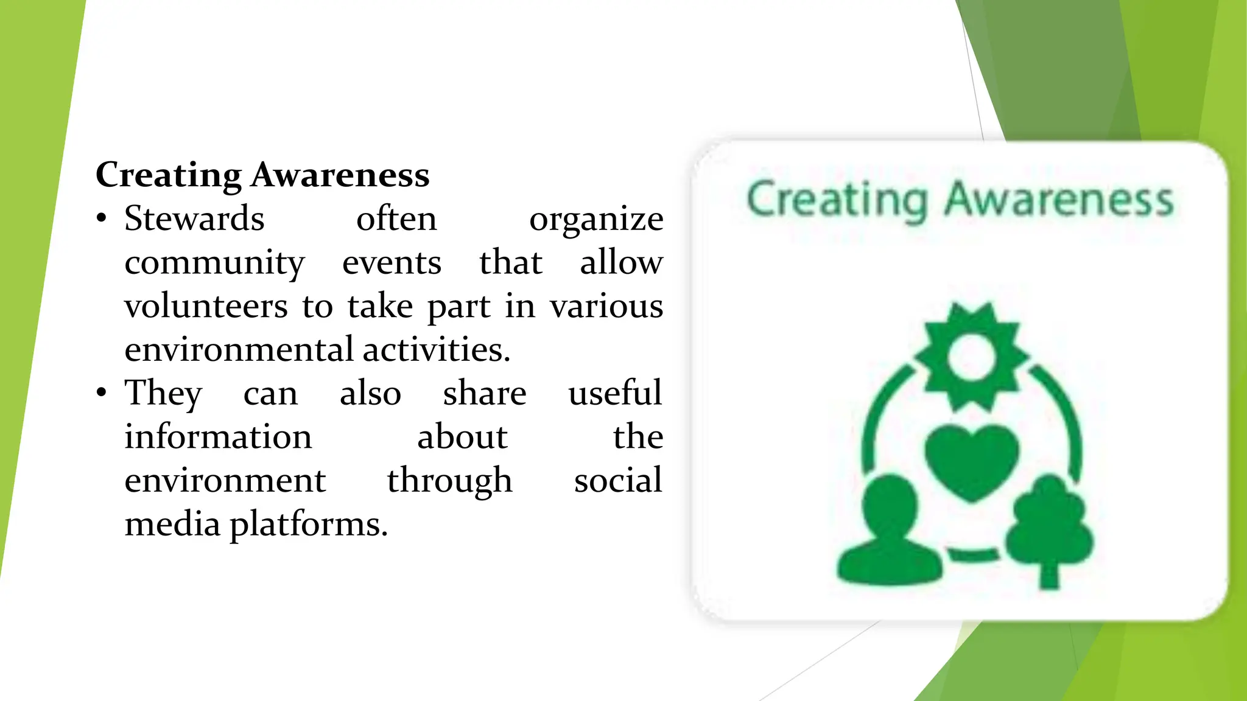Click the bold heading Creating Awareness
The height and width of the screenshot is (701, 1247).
tap(262, 175)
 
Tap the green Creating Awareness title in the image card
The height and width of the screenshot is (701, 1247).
tap(960, 200)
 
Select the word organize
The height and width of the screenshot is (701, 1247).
tap(595, 220)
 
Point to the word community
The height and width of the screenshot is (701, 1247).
tap(214, 263)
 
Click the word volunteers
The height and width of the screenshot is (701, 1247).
tap(206, 306)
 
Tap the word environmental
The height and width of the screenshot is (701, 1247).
tap(239, 350)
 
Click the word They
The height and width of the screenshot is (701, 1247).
tap(163, 394)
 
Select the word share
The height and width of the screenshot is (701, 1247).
tap(484, 393)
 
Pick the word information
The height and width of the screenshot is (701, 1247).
tap(218, 437)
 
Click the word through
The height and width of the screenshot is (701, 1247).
tap(449, 481)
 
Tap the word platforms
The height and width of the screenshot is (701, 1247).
tap(308, 525)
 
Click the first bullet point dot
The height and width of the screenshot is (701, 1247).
tap(102, 218)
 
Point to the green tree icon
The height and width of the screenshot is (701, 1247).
tap(1049, 529)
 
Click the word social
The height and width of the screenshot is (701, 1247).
tap(617, 481)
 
